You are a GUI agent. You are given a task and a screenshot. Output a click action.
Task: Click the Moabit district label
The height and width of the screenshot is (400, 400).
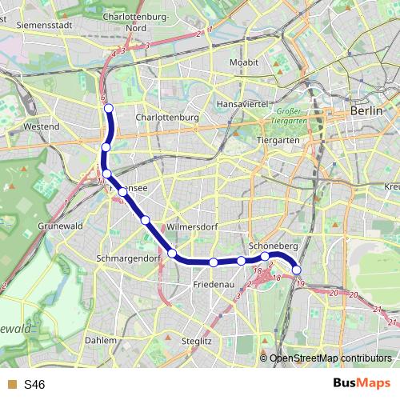click(243, 62)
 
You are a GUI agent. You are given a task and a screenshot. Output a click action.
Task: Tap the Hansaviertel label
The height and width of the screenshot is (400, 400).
click(247, 104)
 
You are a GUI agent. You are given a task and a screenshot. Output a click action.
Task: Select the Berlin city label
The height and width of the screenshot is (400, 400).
click(366, 112)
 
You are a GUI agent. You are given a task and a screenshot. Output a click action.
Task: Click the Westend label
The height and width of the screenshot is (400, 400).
click(42, 126)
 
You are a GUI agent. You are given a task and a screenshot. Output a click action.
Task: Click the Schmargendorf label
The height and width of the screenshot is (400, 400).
click(129, 258)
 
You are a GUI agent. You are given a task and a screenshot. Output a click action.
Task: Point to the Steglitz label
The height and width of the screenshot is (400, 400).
click(196, 341)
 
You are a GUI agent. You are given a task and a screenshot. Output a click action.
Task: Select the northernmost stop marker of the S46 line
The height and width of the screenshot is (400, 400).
click(109, 108)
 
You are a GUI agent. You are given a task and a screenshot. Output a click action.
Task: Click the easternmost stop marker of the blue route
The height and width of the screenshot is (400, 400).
click(298, 270)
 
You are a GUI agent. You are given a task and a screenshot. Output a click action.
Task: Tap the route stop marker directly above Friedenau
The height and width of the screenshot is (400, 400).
click(214, 262)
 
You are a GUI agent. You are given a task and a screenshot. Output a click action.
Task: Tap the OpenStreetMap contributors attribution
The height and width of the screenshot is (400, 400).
click(330, 358)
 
